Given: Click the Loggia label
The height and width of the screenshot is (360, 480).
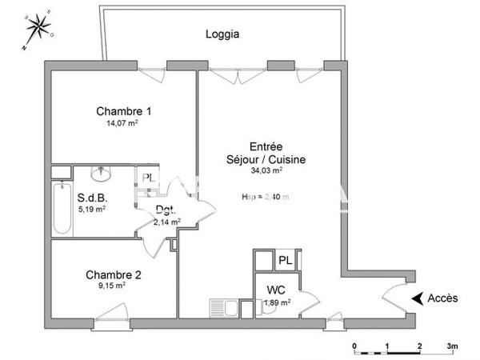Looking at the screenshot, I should (222, 34).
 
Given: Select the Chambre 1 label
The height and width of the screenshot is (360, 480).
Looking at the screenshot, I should (124, 111).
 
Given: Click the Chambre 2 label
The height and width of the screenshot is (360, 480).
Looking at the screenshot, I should (114, 275).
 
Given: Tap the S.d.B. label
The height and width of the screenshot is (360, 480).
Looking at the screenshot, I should (92, 198).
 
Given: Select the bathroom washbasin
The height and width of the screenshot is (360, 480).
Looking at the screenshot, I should (102, 174).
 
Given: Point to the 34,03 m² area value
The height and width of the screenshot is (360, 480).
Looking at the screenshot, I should (266, 170).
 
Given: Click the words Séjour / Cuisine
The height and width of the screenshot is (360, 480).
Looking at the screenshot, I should (266, 159).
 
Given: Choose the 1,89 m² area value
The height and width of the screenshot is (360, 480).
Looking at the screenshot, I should (277, 302).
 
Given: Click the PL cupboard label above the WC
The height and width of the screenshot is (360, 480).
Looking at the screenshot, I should (286, 260).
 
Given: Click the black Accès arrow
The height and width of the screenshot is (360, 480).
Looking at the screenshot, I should (417, 298).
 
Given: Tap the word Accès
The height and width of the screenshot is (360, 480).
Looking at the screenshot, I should (442, 298).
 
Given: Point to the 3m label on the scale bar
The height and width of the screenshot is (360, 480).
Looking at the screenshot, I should (452, 346).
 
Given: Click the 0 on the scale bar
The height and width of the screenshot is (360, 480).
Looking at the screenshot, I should (354, 346).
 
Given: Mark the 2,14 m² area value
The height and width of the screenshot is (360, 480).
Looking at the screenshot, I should (166, 222).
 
